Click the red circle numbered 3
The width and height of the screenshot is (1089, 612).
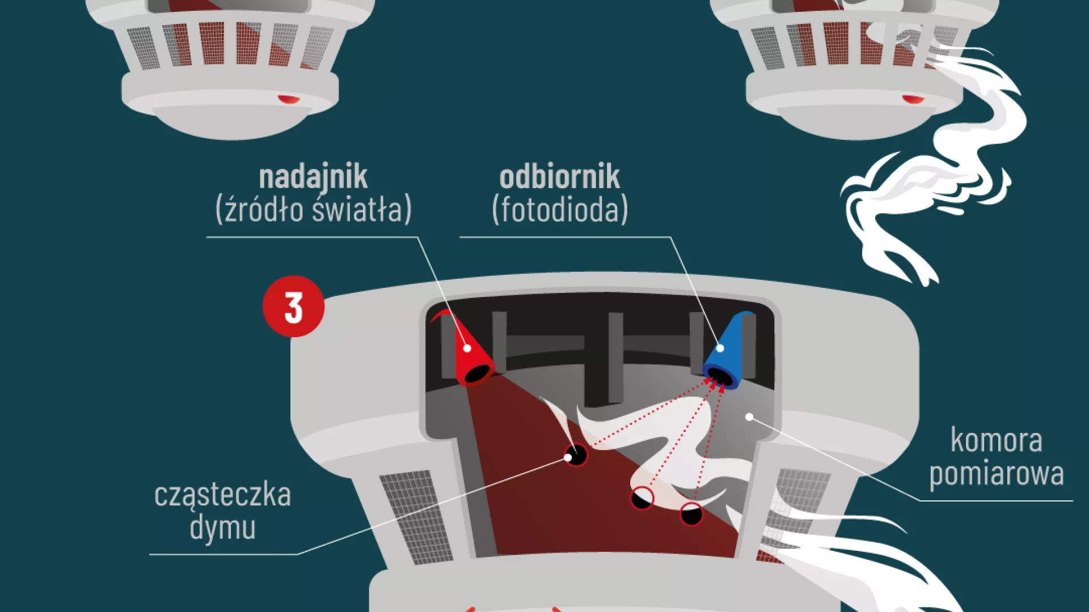tap(293, 307)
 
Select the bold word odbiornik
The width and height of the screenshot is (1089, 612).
tap(559, 177)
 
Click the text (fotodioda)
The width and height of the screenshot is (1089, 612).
tap(560, 210)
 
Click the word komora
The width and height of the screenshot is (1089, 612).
tap(996, 440)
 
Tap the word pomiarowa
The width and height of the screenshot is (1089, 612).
tap(997, 474)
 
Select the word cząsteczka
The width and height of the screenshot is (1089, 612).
tap(222, 495)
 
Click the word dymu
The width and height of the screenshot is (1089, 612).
tap(222, 528)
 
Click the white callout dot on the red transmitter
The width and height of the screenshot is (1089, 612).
tap(467, 348)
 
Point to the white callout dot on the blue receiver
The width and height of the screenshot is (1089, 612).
tap(720, 348)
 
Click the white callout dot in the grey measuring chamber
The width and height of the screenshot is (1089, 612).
tap(749, 417)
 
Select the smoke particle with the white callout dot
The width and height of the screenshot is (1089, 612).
tap(576, 454)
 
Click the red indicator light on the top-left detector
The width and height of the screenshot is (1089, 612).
tap(289, 99)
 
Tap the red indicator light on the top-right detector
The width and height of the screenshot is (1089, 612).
tap(913, 99)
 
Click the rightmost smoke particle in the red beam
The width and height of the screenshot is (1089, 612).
tap(691, 514)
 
